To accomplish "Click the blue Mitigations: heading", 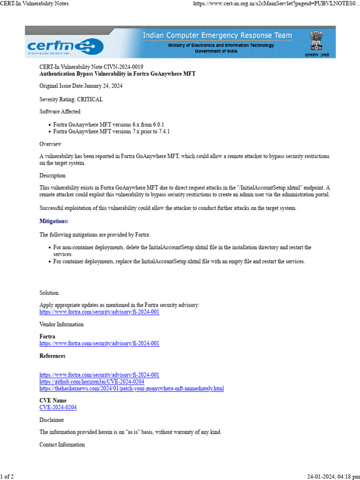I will pos(54,221).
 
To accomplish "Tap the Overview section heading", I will pos(50,144).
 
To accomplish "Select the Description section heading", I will pos(52,176).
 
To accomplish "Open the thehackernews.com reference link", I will pos(132,389).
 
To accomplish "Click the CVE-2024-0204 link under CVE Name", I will pos(58,407).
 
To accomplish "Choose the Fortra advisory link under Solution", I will pos(99,312).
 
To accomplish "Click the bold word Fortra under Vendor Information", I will pos(47,337).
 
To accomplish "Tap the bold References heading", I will pos(52,356).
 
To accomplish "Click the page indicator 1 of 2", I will pos(7,477).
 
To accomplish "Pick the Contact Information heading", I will pos(62,444).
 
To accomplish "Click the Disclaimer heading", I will pos(52,420).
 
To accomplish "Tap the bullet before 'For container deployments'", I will pos(50,262).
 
